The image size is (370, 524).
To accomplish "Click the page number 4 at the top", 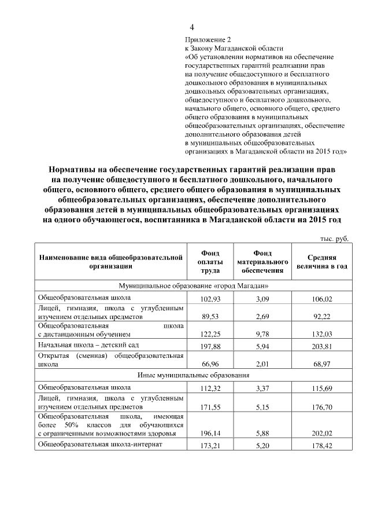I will click(192, 27).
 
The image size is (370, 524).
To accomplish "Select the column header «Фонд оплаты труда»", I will click(209, 262).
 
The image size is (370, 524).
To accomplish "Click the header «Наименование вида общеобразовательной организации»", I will click(110, 262).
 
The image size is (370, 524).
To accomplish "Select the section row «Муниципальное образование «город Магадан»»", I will click(193, 286).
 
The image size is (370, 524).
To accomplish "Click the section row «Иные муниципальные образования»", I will click(193, 375).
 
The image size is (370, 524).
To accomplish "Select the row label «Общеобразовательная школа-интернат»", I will click(100, 444).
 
